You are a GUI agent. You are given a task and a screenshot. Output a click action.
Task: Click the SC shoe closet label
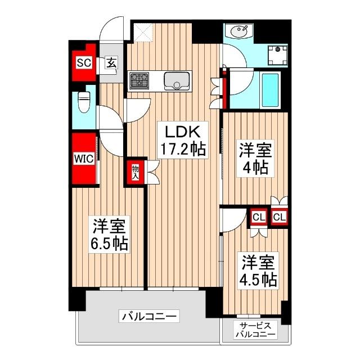click(x=84, y=62)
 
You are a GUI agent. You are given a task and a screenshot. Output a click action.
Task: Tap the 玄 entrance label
click(x=111, y=62)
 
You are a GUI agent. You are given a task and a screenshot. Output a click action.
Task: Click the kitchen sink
click(x=178, y=81)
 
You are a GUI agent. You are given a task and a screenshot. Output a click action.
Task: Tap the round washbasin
click(x=238, y=31)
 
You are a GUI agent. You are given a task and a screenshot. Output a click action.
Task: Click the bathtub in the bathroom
click(x=262, y=89)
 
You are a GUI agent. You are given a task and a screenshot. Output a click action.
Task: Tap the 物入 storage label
click(x=136, y=172)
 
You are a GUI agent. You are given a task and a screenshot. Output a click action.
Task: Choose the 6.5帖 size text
click(x=110, y=243)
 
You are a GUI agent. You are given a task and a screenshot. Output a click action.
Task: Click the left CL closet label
click(x=258, y=216)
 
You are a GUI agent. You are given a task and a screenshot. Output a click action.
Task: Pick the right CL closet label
click(x=280, y=216)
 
